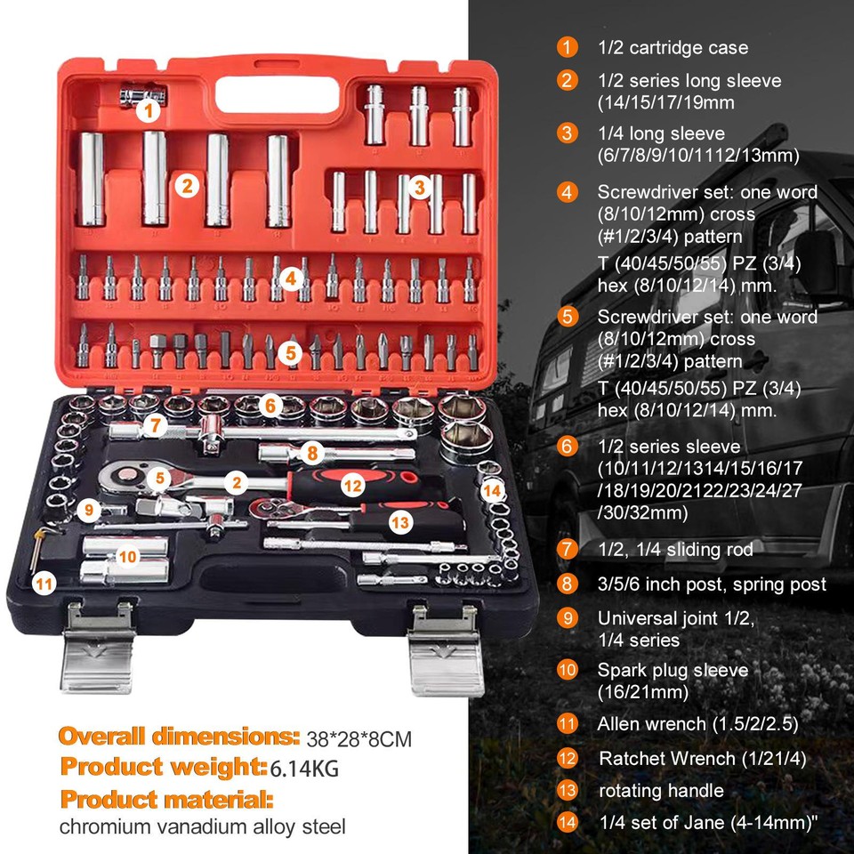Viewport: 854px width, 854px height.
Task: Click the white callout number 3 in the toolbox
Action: pyautogui.click(x=421, y=186)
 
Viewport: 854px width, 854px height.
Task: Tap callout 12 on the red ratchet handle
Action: pyautogui.click(x=353, y=485)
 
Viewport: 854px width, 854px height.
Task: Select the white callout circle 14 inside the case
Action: pyautogui.click(x=492, y=490)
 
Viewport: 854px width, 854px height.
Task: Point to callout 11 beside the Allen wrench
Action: pyautogui.click(x=43, y=584)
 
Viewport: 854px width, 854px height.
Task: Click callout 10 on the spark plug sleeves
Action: pyautogui.click(x=126, y=556)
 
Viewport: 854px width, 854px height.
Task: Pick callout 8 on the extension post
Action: pyautogui.click(x=311, y=452)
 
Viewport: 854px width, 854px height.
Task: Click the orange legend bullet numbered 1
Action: pyautogui.click(x=567, y=47)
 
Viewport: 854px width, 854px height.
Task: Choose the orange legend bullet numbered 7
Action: pyautogui.click(x=567, y=549)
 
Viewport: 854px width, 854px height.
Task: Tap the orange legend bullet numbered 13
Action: pyautogui.click(x=567, y=791)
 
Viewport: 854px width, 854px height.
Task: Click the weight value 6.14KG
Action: pyautogui.click(x=306, y=768)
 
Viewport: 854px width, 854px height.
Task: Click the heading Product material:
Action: pyautogui.click(x=166, y=796)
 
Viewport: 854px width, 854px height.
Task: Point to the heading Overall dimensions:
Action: pyautogui.click(x=179, y=737)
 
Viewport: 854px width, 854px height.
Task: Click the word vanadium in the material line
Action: pyautogui.click(x=178, y=827)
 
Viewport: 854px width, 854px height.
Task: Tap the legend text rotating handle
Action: pyautogui.click(x=661, y=791)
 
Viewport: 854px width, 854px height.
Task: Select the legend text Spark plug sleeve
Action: pyautogui.click(x=673, y=670)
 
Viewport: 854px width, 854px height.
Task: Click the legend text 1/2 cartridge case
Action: pyautogui.click(x=673, y=47)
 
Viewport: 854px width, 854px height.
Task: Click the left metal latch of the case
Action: pyautogui.click(x=99, y=649)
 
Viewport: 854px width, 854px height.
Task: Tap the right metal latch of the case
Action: pyautogui.click(x=444, y=649)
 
